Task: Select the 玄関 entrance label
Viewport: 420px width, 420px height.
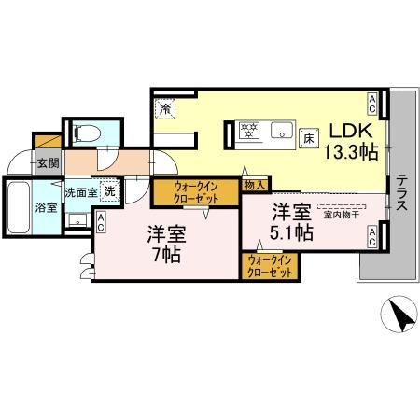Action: pyautogui.click(x=46, y=161)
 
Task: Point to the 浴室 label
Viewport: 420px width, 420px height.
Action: pyautogui.click(x=46, y=206)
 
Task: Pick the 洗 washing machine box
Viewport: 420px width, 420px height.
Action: pyautogui.click(x=109, y=189)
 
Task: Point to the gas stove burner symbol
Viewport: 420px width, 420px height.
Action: pyautogui.click(x=249, y=131)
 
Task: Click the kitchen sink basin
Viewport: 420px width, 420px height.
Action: pyautogui.click(x=280, y=130)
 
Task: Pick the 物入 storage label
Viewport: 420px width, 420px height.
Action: pyautogui.click(x=254, y=186)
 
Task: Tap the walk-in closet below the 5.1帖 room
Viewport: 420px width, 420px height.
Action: pyautogui.click(x=271, y=266)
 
